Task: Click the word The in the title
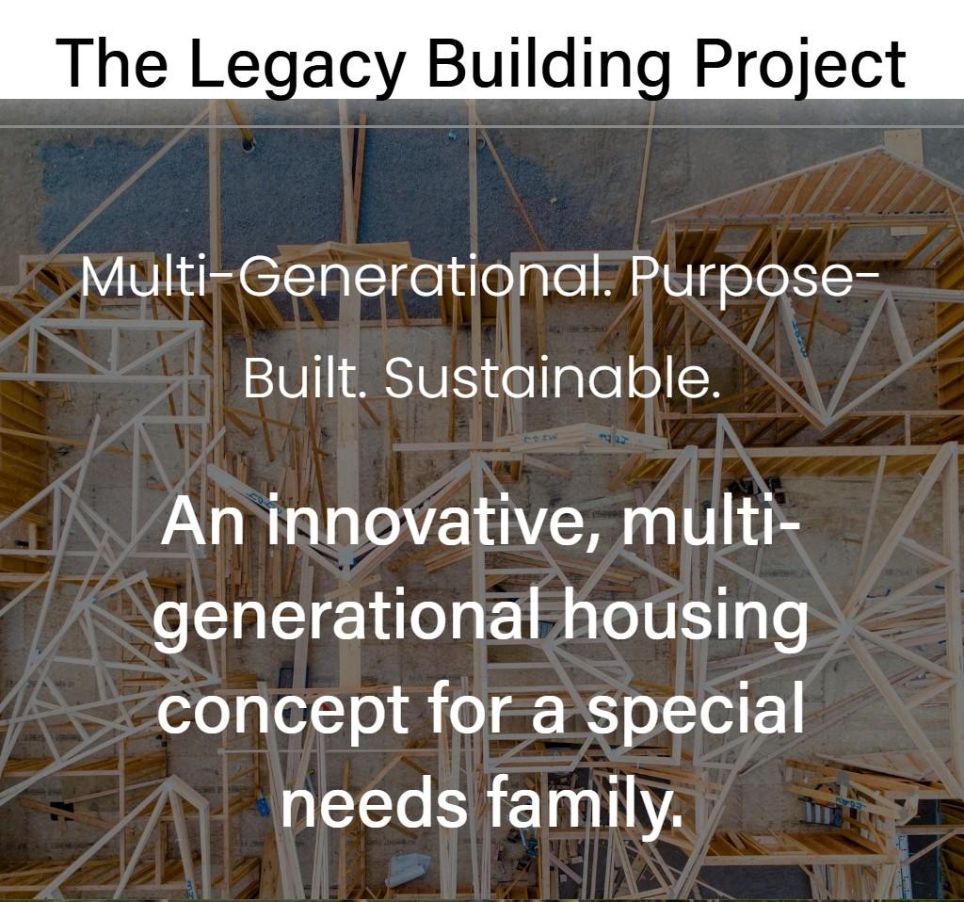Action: [111, 63]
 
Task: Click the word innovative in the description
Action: [424, 521]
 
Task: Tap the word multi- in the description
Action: [710, 520]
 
